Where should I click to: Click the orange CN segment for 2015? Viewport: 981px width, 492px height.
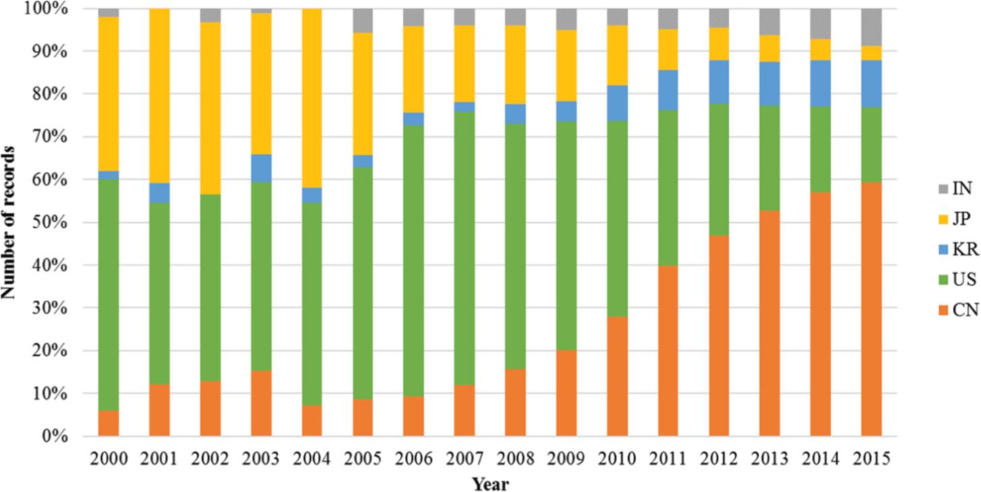pos(870,308)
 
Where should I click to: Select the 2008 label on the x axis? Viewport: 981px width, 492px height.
pos(515,458)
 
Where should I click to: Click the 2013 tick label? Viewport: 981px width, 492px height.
pos(769,458)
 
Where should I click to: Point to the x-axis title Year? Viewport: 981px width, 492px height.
pos(489,483)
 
